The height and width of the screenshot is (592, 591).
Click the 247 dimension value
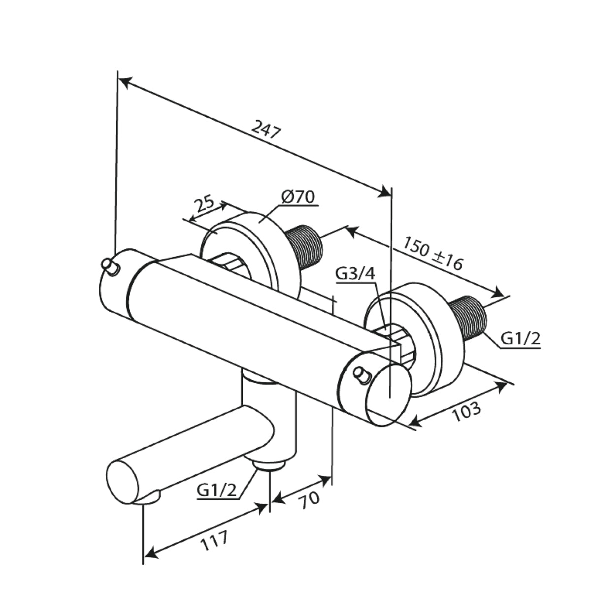(266, 129)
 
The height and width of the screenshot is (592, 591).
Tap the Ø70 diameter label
(297, 197)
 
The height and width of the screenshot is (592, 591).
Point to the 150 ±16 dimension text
(433, 253)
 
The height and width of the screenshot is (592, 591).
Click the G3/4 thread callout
(356, 273)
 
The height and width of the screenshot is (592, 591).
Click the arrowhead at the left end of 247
(126, 82)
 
